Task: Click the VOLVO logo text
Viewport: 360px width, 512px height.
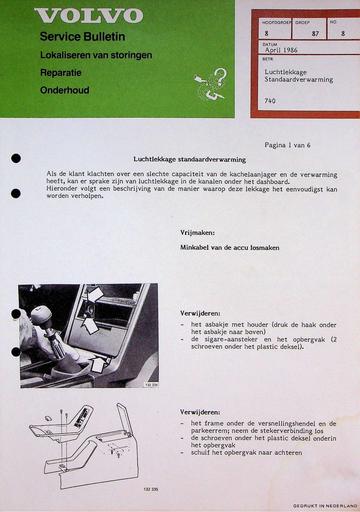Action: [89, 16]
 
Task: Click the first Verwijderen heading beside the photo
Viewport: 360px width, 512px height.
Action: [202, 313]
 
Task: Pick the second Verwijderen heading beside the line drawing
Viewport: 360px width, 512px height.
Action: [202, 411]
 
